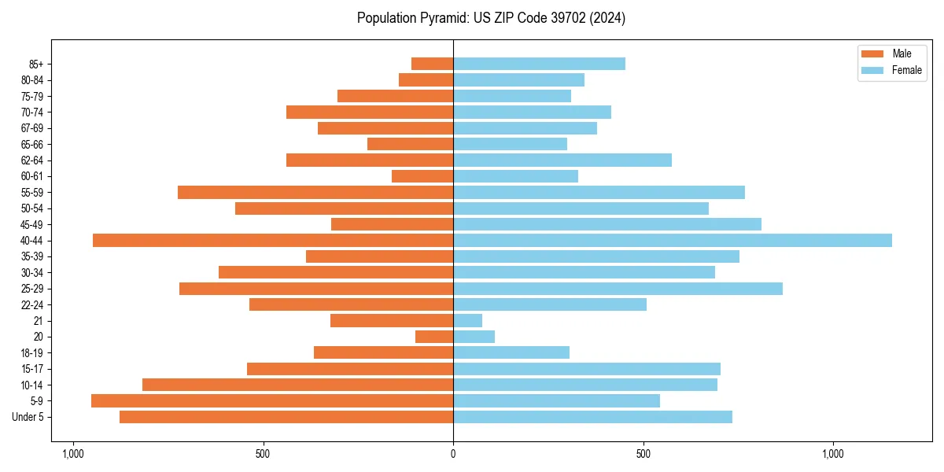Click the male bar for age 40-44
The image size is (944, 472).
pyautogui.click(x=273, y=241)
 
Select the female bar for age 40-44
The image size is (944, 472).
pyautogui.click(x=673, y=241)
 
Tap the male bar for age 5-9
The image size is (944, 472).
pyautogui.click(x=272, y=401)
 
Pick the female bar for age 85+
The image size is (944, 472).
pyautogui.click(x=539, y=64)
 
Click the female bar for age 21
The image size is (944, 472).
pyautogui.click(x=467, y=321)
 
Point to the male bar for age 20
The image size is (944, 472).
pyautogui.click(x=434, y=337)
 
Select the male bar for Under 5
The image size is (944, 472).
pyautogui.click(x=286, y=417)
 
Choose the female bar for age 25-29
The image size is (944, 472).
pyautogui.click(x=618, y=289)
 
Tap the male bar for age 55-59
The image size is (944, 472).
pyautogui.click(x=315, y=193)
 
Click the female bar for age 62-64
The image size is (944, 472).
pyautogui.click(x=562, y=160)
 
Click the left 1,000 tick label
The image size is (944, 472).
pyautogui.click(x=72, y=454)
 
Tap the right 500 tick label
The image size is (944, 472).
pyautogui.click(x=643, y=454)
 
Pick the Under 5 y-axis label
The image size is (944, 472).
pyautogui.click(x=28, y=417)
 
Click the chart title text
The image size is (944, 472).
pyautogui.click(x=491, y=18)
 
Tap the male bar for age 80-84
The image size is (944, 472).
pyautogui.click(x=426, y=80)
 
